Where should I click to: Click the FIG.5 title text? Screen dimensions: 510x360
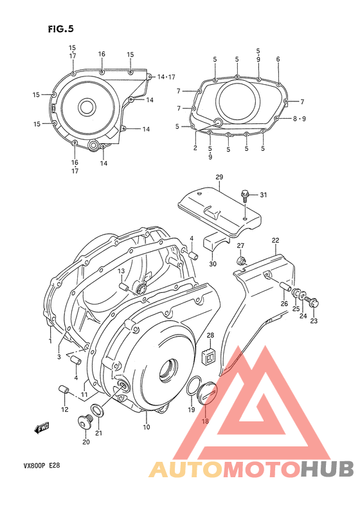point(61,28)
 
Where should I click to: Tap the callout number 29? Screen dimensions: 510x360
point(219,177)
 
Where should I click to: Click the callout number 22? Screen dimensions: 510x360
point(275,240)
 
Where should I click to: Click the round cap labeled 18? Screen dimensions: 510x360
point(207,393)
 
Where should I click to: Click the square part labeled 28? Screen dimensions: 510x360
point(210,355)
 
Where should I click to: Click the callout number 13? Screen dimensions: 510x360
point(121,271)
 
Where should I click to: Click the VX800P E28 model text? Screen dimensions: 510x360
point(39,468)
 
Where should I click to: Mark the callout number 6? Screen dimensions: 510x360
point(278,59)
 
